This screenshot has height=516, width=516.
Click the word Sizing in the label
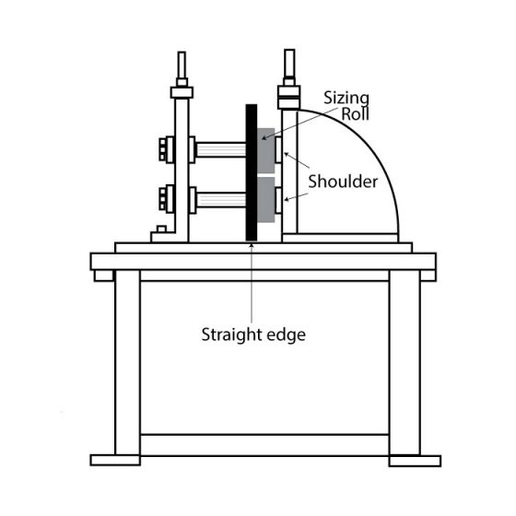346,99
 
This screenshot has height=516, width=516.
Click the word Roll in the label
355,114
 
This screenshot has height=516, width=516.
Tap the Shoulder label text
343,182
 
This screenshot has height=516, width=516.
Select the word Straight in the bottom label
229,335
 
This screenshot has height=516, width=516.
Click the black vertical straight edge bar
252,173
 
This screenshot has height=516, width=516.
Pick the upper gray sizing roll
266,151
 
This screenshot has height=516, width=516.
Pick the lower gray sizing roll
266,200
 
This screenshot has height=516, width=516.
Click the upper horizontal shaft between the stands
221,149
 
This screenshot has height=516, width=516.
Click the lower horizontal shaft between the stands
221,200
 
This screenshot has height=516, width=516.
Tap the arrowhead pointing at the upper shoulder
287,154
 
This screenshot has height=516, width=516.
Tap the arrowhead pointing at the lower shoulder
287,199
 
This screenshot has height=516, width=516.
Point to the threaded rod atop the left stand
182,64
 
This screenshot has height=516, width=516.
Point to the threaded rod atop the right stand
289,64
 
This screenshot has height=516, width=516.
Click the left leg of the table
128,363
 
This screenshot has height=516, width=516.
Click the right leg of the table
405,363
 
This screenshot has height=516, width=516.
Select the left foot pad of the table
115,460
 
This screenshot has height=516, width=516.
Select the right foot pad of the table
415,461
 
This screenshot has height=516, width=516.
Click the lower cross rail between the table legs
265,445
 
